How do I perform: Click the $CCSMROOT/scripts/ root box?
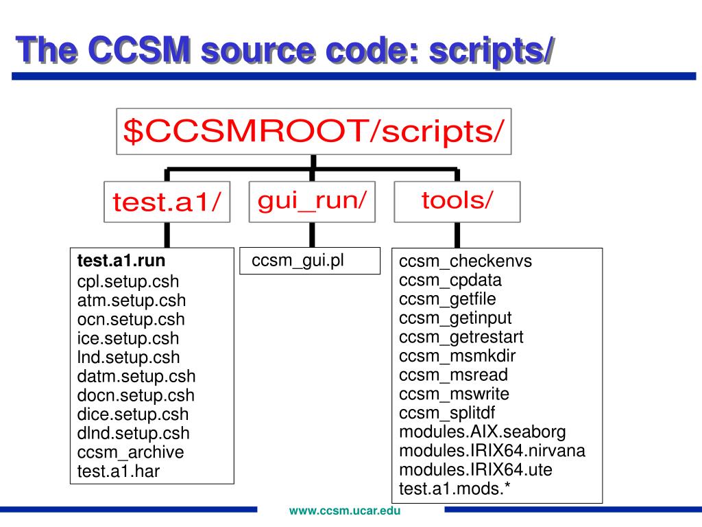coord(313,131)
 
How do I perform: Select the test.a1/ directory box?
coord(167,202)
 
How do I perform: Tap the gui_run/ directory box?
coord(312,200)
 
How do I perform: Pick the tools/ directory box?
coord(457,200)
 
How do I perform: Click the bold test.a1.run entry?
coord(121,261)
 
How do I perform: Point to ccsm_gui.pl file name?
coord(298,261)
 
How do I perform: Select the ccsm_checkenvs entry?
coord(465,261)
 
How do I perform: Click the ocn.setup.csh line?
coord(131,319)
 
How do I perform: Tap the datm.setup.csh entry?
coord(136,376)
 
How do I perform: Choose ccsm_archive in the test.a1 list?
coord(131,452)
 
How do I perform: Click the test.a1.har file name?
coord(119,471)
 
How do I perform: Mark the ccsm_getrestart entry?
coord(461,337)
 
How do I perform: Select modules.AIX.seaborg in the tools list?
coord(483,432)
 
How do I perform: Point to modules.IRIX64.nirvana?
coord(492,451)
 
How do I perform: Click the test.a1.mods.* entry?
coord(455,489)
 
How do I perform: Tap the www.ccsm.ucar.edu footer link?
coord(345,511)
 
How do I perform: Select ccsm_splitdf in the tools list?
coord(447,413)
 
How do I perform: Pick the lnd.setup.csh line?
coord(129,357)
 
